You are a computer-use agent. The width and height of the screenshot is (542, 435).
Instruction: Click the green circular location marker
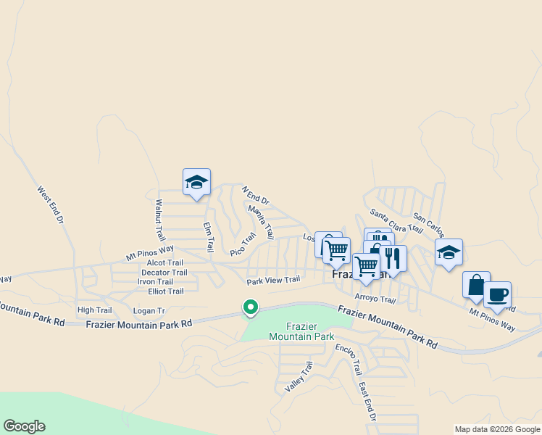[x=251, y=308]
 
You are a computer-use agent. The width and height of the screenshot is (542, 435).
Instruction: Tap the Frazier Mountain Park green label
[x=301, y=331]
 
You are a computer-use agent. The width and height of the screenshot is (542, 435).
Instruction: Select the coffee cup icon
[x=497, y=294]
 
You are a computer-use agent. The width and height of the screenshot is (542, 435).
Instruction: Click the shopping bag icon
[x=476, y=284]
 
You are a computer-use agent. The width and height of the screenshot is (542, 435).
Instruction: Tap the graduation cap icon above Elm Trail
[x=196, y=182]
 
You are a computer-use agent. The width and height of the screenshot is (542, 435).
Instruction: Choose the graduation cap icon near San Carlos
[x=449, y=253]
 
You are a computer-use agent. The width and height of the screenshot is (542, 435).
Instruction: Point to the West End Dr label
[x=51, y=204]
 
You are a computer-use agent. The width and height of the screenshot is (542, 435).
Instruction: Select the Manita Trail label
[x=261, y=222]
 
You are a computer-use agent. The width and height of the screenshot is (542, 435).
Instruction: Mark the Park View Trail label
[x=273, y=281]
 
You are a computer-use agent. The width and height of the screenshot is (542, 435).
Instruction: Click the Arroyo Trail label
[x=375, y=299]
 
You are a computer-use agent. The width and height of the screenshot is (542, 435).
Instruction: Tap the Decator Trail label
[x=164, y=273]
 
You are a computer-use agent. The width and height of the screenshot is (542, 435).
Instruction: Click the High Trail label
[x=94, y=310]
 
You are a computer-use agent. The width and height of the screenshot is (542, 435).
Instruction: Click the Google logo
[x=24, y=426]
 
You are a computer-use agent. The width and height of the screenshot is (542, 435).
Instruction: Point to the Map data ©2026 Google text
[x=497, y=429]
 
